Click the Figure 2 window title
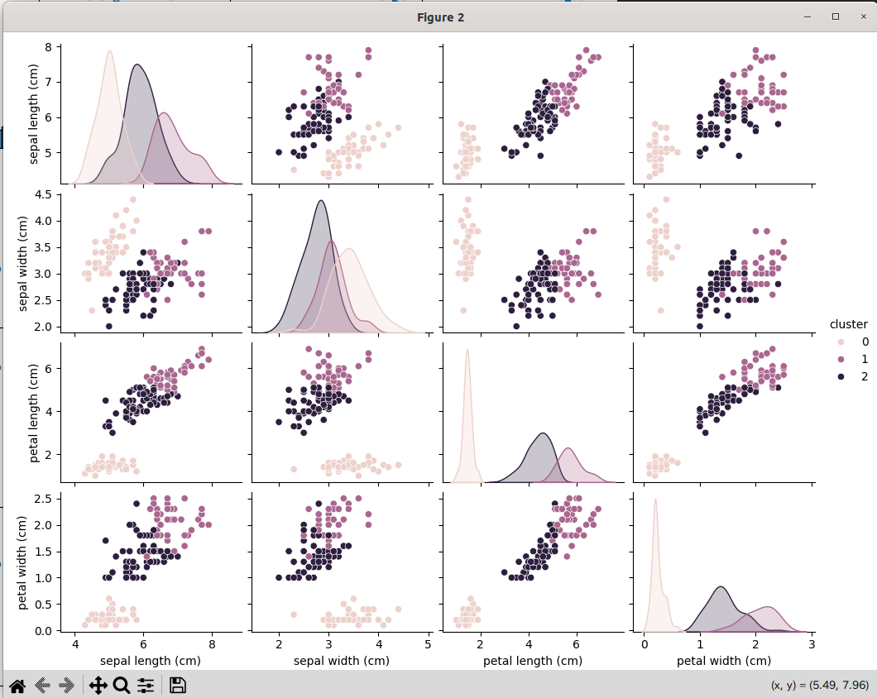click(440, 17)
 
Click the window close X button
click(864, 17)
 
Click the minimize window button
click(807, 17)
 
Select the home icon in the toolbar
click(17, 685)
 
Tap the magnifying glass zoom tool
click(122, 685)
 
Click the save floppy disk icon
click(177, 685)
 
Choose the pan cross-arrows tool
click(98, 685)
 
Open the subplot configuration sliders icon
click(146, 685)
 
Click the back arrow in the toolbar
click(42, 685)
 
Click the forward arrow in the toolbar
click(66, 685)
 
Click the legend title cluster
click(849, 324)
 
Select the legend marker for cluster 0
click(841, 342)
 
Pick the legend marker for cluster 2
click(841, 377)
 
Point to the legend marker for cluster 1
click(841, 360)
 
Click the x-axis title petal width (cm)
click(724, 661)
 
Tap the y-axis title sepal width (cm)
click(22, 264)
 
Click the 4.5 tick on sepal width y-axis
click(42, 194)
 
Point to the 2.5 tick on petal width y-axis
click(42, 499)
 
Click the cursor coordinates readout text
click(819, 685)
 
